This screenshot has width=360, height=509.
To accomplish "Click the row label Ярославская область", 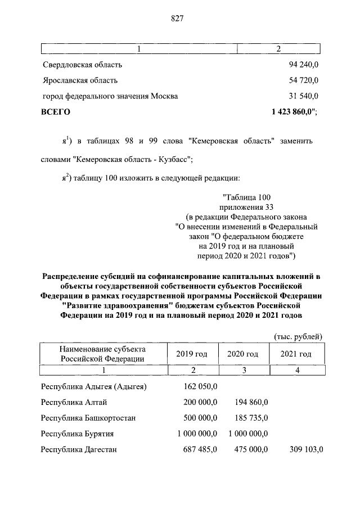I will (80, 80).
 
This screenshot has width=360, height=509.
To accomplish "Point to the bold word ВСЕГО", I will (56, 112).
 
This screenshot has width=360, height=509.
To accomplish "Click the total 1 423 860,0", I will (292, 112).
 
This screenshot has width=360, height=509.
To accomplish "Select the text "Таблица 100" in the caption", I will (247, 197).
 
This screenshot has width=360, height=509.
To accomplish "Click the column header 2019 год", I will (192, 354).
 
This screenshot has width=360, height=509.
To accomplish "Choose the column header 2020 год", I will (242, 354).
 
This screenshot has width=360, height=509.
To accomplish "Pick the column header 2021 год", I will (296, 354).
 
